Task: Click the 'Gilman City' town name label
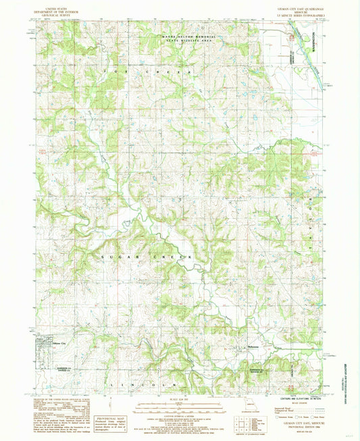[x=46, y=345]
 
